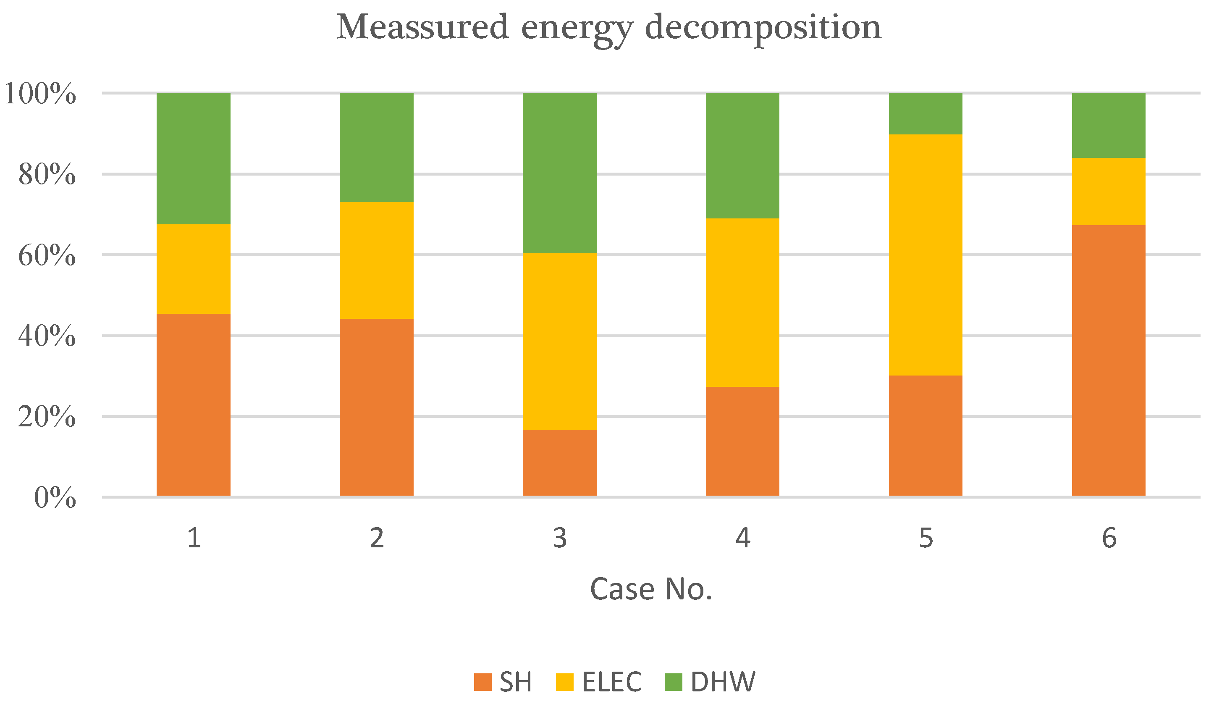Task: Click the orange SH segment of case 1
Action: [194, 405]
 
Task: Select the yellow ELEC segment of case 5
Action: [926, 255]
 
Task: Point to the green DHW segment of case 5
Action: [926, 113]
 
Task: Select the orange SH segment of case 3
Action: [560, 462]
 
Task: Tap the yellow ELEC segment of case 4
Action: [742, 302]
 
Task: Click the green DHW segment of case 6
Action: [1109, 125]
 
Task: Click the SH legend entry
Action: [503, 682]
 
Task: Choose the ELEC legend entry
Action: [599, 682]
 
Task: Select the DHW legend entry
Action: [710, 682]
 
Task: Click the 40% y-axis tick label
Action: [47, 336]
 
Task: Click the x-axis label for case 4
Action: [742, 538]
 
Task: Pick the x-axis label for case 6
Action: [1109, 538]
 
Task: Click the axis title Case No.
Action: [651, 589]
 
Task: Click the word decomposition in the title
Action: [763, 28]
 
